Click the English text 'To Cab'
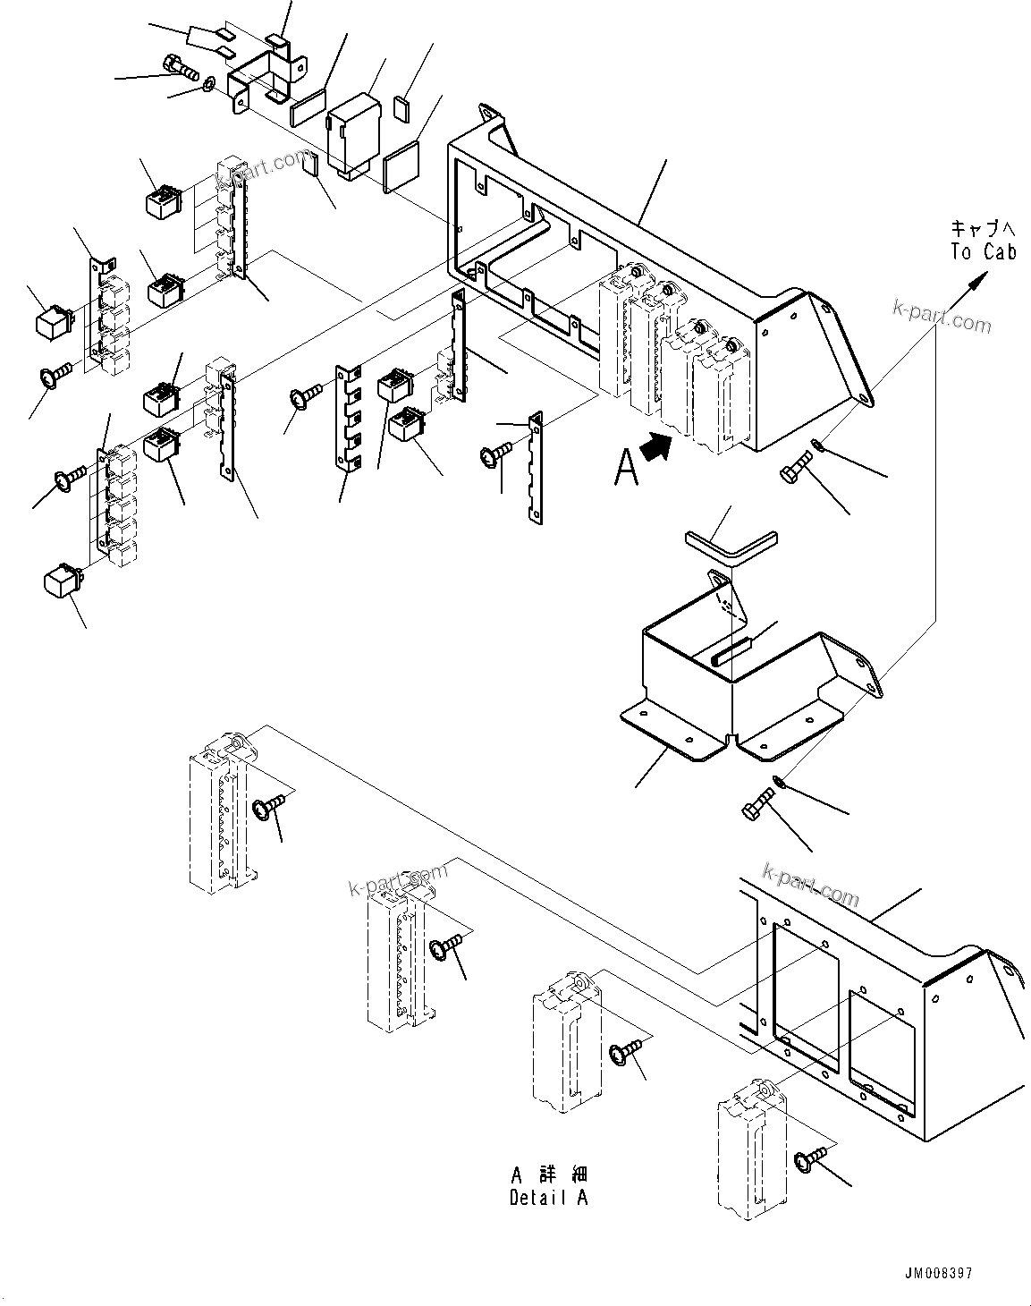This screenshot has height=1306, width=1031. [983, 252]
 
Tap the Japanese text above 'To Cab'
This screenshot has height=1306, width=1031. [983, 229]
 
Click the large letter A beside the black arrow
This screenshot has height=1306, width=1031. [626, 467]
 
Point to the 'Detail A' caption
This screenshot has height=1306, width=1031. [548, 1198]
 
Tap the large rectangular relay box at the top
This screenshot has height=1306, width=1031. [355, 132]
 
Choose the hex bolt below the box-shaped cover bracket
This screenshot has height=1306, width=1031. [756, 801]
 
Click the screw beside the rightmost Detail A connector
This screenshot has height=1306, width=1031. [807, 1161]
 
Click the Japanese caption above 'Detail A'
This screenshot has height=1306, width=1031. [549, 1174]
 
